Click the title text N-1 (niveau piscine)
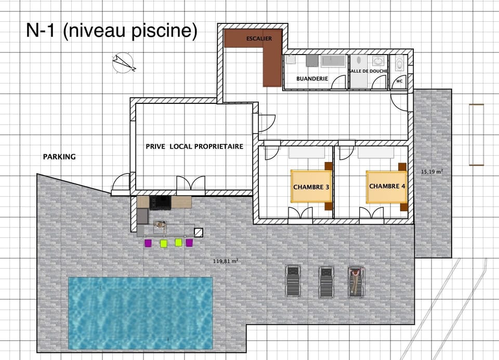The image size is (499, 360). (x=112, y=31)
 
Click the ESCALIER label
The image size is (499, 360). (x=259, y=38)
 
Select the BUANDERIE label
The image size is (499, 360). (x=312, y=78)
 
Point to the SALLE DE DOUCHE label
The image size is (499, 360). (x=368, y=71)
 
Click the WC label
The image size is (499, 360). (x=399, y=81)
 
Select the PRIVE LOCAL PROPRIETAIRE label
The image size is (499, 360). (x=194, y=146)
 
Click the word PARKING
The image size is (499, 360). (x=59, y=156)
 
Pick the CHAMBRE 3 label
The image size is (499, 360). (x=311, y=187)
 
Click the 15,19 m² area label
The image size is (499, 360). (x=431, y=171)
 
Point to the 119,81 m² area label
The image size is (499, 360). (x=226, y=261)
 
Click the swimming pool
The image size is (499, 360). (x=140, y=312)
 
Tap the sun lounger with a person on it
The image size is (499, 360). (x=356, y=281)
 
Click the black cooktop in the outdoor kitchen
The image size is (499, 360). (x=160, y=202)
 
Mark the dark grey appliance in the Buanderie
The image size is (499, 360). (x=312, y=61)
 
